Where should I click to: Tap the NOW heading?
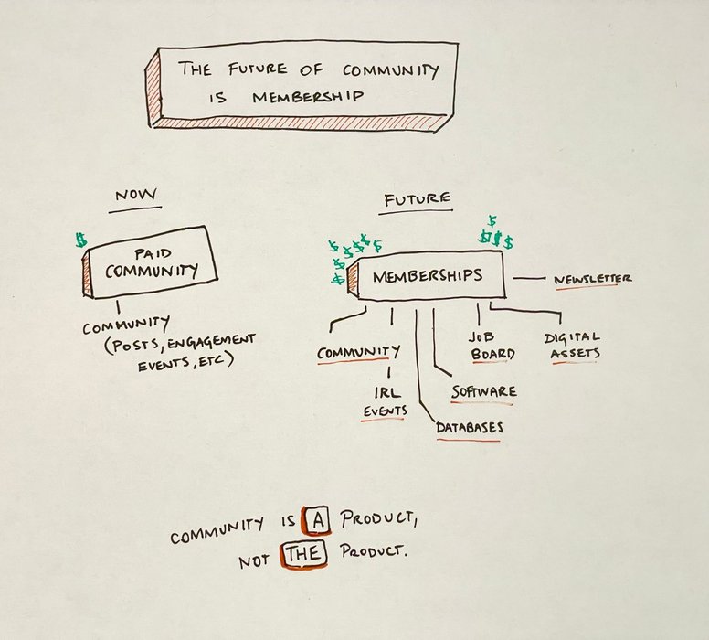point(135,196)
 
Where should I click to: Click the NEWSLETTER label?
point(592,279)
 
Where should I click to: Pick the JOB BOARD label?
point(492,346)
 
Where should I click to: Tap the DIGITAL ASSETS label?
point(571,346)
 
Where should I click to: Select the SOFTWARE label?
point(483,391)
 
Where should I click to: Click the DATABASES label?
point(469,427)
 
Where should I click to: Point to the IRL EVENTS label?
point(386,401)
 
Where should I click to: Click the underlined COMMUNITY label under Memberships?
point(358,351)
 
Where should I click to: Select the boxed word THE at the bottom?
point(301,553)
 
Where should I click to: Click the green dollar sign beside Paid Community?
point(81,241)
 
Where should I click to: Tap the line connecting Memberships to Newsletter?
point(529,278)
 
